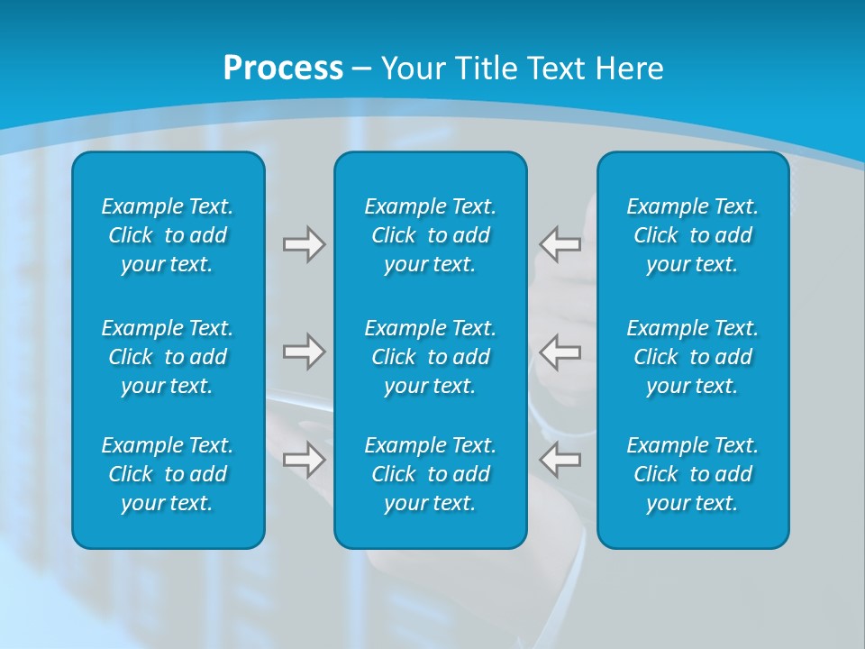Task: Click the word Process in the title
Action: coord(283,69)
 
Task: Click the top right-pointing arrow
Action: coord(304,244)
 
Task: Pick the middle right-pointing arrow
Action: coord(304,352)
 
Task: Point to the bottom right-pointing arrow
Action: coord(304,460)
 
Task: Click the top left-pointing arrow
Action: coord(560,244)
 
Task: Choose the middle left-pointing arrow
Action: coord(560,352)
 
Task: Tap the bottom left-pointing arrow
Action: coord(560,460)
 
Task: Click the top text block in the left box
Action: coord(168,235)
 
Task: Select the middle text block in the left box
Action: coord(168,357)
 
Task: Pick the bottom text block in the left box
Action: coord(168,474)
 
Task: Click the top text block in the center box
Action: coord(431,235)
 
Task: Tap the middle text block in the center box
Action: coord(431,357)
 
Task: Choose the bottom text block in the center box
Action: coord(431,474)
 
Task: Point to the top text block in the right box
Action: coord(693,235)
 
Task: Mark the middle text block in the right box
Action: coord(693,357)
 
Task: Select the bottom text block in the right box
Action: coord(693,474)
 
